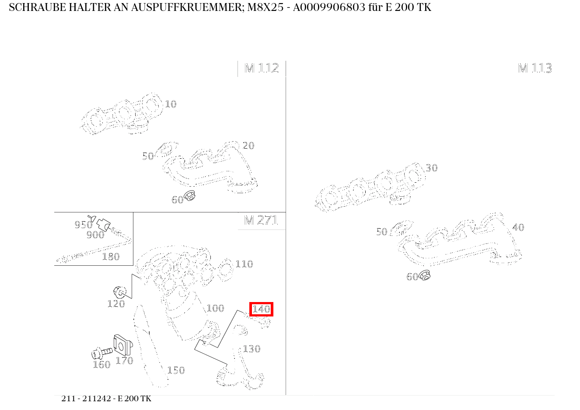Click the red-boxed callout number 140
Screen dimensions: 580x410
point(261,309)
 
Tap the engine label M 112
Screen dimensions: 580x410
point(262,68)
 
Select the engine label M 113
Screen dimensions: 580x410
point(535,68)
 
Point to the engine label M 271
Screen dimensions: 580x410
point(261,220)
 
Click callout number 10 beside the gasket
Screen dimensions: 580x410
point(171,104)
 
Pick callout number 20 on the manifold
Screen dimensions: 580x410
point(248,146)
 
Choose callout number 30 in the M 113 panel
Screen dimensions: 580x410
point(432,168)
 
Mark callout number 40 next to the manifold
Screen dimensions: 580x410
point(518,227)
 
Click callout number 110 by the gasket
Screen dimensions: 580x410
point(244,264)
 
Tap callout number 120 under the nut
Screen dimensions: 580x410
point(116,304)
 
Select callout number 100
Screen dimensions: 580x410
point(216,308)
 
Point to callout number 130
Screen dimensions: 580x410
point(252,349)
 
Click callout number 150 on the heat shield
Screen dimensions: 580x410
point(176,370)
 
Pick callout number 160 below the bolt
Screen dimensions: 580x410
point(101,365)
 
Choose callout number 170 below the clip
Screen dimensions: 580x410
point(124,361)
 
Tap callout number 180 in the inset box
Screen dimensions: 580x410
point(111,257)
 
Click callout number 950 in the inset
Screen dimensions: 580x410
point(84,225)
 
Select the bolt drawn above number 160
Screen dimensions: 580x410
point(102,353)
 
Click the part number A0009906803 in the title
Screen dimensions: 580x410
point(329,7)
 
